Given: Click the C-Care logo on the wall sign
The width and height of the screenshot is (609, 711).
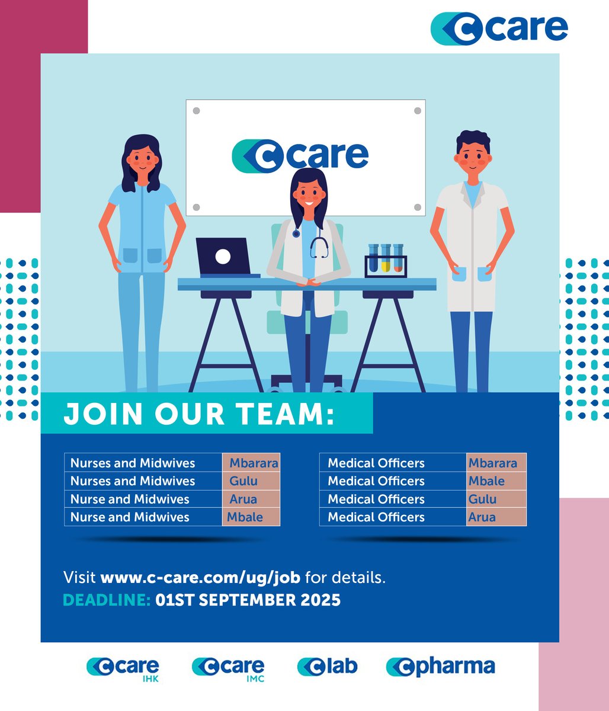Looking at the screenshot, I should point(300,154).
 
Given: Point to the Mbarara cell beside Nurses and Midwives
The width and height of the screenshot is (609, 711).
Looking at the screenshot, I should point(254,463).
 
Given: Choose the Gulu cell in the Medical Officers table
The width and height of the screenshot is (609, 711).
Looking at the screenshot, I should point(482,499).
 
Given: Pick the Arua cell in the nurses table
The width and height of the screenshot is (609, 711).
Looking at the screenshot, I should point(243,499).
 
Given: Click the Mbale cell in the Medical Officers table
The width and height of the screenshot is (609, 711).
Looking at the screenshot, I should point(486,481).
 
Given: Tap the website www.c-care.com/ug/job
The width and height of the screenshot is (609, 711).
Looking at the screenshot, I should point(200,577).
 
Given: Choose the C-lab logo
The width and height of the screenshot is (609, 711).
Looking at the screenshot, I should point(327,667).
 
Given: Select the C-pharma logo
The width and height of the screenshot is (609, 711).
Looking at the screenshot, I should point(440,667).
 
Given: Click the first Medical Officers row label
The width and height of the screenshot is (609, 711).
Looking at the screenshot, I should point(376,463).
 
